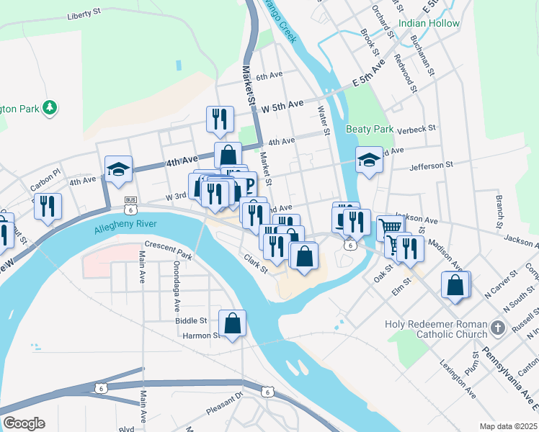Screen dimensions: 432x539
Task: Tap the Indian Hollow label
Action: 433,24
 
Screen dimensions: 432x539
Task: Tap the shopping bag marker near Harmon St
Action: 233,325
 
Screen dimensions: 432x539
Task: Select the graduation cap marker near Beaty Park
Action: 369,161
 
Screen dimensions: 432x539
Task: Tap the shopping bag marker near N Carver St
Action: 456,285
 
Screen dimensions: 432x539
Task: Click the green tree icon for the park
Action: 50,108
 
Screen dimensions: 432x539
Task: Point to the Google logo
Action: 24,423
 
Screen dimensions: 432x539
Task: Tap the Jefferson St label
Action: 431,165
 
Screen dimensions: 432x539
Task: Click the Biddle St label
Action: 191,320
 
